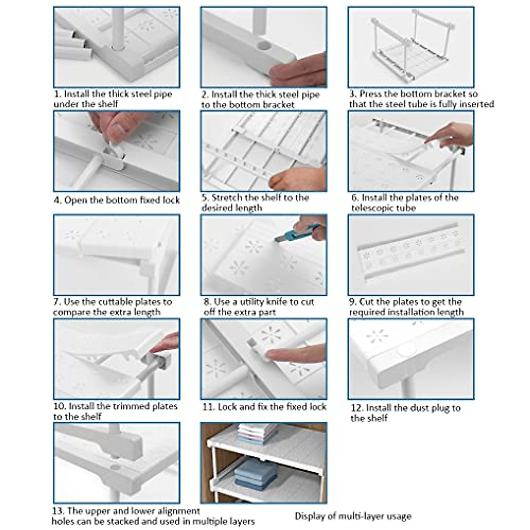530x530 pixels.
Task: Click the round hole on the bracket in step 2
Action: pyautogui.click(x=264, y=45)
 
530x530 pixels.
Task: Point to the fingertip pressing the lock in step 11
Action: pyautogui.click(x=269, y=355)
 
